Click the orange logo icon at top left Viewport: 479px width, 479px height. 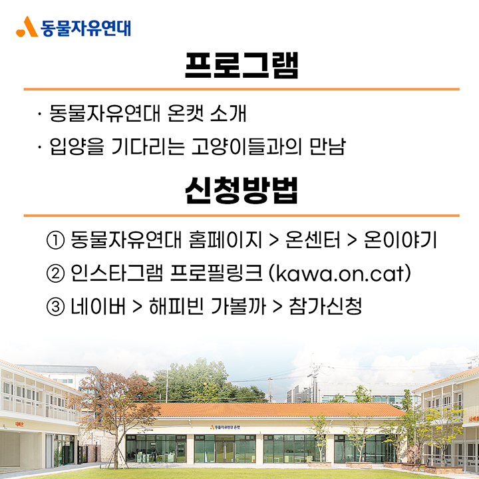pyautogui.click(x=27, y=27)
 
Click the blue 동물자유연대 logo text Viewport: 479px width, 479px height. pyautogui.click(x=86, y=28)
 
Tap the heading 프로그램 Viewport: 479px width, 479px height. pyautogui.click(x=241, y=66)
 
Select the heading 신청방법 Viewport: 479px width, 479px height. pyautogui.click(x=241, y=190)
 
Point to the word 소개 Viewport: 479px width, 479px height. pyautogui.click(x=228, y=113)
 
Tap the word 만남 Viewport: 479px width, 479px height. pyautogui.click(x=327, y=146)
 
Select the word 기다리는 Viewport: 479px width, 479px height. pyautogui.click(x=148, y=146)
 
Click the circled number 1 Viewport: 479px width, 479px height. pyautogui.click(x=55, y=240)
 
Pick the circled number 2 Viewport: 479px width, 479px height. pyautogui.click(x=55, y=273)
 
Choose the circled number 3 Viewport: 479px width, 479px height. pyautogui.click(x=55, y=307)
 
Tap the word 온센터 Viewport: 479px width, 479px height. pyautogui.click(x=313, y=239)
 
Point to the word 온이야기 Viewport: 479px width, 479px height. pyautogui.click(x=400, y=239)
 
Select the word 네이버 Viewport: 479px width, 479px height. pyautogui.click(x=98, y=307)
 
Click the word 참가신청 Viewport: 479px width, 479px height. pyautogui.click(x=325, y=307)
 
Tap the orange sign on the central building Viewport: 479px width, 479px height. pyautogui.click(x=226, y=426)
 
